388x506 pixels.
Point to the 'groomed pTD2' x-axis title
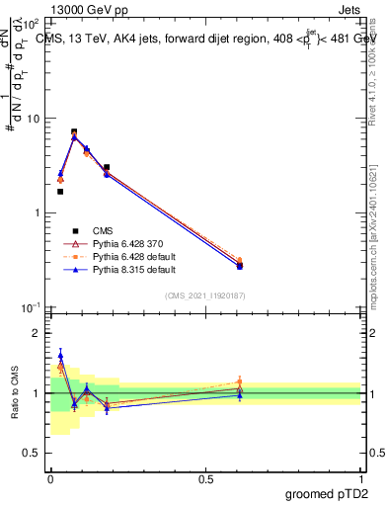tap(328, 492)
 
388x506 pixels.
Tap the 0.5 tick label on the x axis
tap(205, 477)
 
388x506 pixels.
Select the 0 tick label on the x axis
tap(50, 477)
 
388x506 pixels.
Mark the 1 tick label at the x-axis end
tap(360, 477)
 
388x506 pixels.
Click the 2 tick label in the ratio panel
tap(37, 333)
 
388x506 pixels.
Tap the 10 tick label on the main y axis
tap(32, 119)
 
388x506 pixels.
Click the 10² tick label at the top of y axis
tap(32, 24)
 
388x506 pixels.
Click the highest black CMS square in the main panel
tap(74, 131)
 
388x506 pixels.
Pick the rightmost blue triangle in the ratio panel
tap(268, 395)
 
